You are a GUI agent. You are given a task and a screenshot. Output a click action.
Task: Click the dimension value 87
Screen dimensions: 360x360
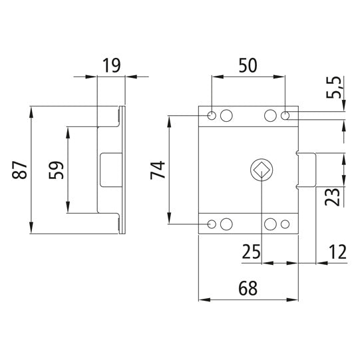(x=20, y=169)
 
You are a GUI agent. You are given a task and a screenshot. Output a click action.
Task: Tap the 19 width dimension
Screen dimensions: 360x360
(x=112, y=65)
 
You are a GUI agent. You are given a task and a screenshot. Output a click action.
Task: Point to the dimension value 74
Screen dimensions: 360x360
(x=158, y=169)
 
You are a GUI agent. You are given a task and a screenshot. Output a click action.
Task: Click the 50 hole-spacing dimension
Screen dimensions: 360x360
(x=248, y=65)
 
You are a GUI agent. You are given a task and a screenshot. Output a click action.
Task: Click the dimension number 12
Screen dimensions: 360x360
(x=336, y=252)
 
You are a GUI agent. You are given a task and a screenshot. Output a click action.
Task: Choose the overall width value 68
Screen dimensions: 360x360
(x=248, y=289)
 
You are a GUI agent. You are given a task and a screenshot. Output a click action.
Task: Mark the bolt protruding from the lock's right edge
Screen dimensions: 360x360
(x=305, y=170)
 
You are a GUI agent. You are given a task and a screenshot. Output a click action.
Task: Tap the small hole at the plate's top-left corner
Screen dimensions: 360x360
(x=212, y=116)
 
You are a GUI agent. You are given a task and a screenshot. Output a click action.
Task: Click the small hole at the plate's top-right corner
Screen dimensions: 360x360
(x=285, y=116)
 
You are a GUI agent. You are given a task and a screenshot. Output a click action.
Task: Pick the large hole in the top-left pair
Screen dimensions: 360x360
(x=226, y=116)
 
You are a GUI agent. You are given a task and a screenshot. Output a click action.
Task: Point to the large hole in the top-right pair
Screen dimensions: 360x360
(x=271, y=116)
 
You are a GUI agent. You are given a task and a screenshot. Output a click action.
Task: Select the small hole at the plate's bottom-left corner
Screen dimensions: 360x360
(x=212, y=224)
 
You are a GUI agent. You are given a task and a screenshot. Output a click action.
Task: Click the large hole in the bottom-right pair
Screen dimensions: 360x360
(x=271, y=224)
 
